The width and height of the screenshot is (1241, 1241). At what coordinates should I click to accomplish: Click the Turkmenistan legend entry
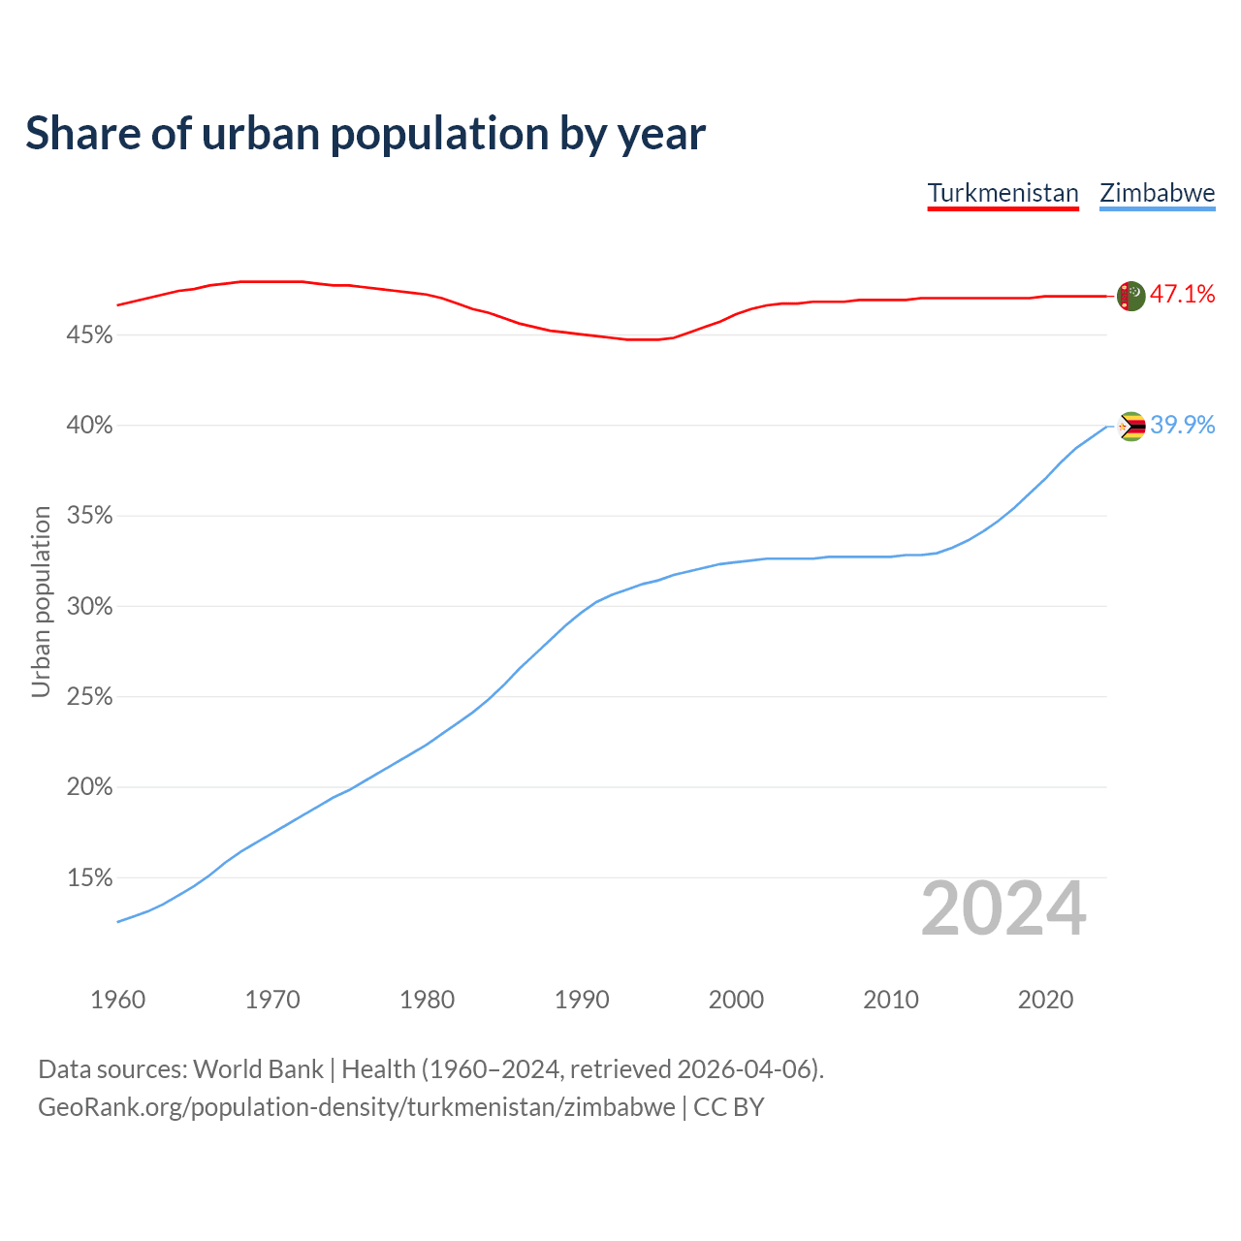pyautogui.click(x=1002, y=193)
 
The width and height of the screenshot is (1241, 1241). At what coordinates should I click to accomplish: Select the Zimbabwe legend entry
pyautogui.click(x=1157, y=193)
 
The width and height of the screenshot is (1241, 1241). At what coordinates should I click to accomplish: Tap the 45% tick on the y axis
pyautogui.click(x=90, y=335)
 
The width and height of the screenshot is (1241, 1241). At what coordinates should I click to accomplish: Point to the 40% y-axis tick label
pyautogui.click(x=90, y=426)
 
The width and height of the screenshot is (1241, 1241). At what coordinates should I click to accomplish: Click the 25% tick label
pyautogui.click(x=90, y=697)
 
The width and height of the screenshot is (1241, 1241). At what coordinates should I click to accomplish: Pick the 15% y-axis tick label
pyautogui.click(x=90, y=878)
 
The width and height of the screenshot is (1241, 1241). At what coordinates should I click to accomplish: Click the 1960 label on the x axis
pyautogui.click(x=117, y=1000)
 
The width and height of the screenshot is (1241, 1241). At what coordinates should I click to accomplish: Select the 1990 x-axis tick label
pyautogui.click(x=582, y=1000)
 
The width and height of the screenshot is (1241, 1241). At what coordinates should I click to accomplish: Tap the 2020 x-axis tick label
pyautogui.click(x=1045, y=1000)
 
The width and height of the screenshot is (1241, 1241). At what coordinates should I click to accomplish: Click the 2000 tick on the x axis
pyautogui.click(x=736, y=1000)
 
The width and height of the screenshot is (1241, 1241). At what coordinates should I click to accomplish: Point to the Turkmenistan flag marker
pyautogui.click(x=1130, y=296)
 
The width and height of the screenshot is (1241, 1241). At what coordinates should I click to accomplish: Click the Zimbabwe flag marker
pyautogui.click(x=1131, y=427)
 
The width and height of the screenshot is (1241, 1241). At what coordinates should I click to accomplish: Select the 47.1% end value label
pyautogui.click(x=1183, y=295)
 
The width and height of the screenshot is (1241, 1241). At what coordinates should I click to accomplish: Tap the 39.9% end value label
pyautogui.click(x=1183, y=426)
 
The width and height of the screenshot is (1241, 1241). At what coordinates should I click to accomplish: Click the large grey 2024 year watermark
pyautogui.click(x=1003, y=909)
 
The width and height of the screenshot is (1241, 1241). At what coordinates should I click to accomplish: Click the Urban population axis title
pyautogui.click(x=41, y=601)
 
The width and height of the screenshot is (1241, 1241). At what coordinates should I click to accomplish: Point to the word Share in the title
pyautogui.click(x=81, y=134)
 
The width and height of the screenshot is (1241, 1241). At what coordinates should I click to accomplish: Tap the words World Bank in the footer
pyautogui.click(x=258, y=1069)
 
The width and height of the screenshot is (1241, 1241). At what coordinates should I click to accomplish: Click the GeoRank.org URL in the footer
pyautogui.click(x=356, y=1107)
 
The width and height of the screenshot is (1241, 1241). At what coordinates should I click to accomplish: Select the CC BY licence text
pyautogui.click(x=729, y=1107)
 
